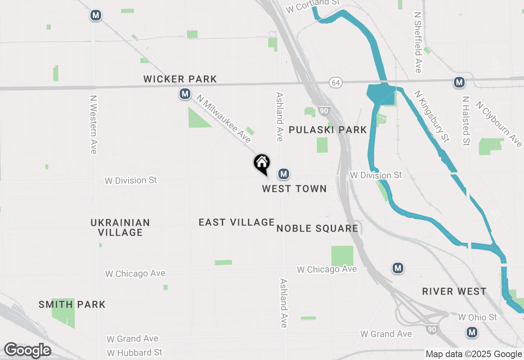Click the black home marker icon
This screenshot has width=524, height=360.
click(262, 163)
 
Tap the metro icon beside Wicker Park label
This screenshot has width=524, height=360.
click(185, 94)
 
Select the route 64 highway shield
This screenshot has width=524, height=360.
click(336, 83)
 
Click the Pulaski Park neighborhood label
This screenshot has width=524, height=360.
click(327, 130)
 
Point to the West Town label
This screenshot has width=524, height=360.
click(294, 189)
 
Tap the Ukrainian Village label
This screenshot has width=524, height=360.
click(120, 227)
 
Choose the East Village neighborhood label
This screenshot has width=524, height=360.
click(236, 222)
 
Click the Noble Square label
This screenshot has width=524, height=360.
click(317, 228)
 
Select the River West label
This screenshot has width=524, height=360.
click(454, 291)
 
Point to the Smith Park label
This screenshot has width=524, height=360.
click(72, 304)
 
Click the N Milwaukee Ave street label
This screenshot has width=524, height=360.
click(224, 119)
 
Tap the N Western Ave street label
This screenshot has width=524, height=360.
click(93, 125)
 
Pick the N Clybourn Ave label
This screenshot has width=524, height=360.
click(499, 124)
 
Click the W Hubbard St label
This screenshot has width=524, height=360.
click(134, 352)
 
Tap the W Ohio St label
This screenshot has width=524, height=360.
click(477, 317)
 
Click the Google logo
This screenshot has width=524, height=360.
click(27, 351)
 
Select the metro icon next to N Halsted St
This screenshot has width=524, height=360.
click(459, 82)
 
